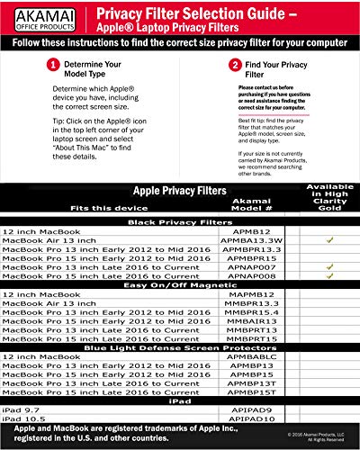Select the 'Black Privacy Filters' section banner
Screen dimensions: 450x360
click(178, 221)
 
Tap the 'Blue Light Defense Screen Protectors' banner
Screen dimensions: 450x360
click(178, 347)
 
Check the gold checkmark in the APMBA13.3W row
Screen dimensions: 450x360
click(330, 240)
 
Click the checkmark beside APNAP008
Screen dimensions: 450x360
click(330, 276)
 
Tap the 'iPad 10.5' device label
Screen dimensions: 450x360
click(23, 419)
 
